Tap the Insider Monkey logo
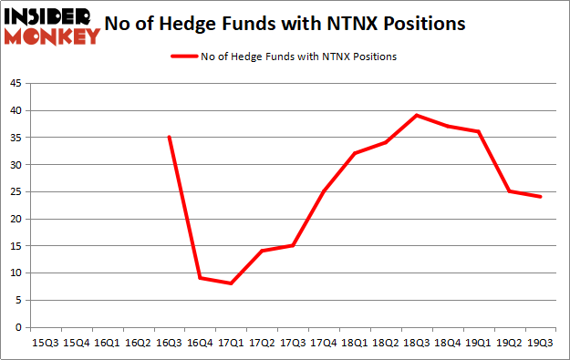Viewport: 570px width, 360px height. point(51,26)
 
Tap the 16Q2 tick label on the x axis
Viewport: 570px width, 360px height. point(138,343)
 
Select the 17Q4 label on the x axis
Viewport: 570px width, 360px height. point(324,343)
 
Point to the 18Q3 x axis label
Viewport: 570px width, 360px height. point(417,343)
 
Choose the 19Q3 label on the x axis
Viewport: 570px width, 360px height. point(541,343)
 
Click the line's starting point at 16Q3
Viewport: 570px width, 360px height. point(169,138)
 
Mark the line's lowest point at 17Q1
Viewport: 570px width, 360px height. point(231,283)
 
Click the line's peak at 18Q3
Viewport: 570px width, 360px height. point(417,116)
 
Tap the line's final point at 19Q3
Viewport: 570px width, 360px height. point(541,197)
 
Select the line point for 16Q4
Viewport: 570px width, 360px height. point(200,278)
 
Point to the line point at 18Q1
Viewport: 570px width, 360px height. point(355,153)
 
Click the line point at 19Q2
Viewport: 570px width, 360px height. point(510,191)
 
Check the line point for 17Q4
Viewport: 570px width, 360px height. point(324,191)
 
